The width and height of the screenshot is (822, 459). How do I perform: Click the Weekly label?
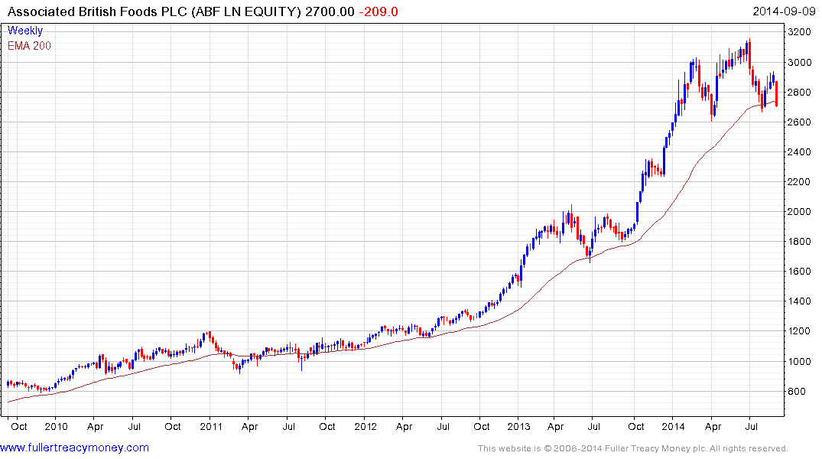point(25,31)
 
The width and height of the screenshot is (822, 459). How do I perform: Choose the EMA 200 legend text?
point(30,45)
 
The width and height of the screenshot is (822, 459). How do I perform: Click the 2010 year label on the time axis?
point(56,425)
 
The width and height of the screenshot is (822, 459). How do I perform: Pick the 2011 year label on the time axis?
point(211,425)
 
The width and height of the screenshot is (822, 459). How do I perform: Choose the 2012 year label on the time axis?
point(366,425)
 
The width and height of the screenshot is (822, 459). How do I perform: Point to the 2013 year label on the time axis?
point(520,425)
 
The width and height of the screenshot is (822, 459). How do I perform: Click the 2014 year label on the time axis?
point(674,425)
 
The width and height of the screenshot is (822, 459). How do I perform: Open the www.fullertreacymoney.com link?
point(75,448)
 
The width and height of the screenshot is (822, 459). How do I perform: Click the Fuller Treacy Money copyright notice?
point(632,448)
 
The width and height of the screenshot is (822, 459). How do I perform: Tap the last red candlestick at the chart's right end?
point(777,93)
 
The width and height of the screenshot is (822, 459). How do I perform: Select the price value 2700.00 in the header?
point(332,11)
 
